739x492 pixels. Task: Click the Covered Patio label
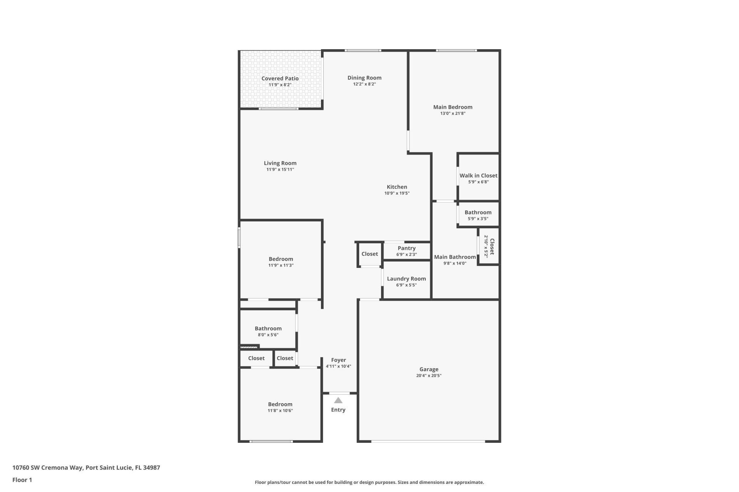[x=280, y=78]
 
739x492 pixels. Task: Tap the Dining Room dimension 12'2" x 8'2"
[x=364, y=84]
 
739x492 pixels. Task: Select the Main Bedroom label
[x=453, y=107]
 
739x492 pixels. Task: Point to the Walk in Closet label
[x=478, y=176]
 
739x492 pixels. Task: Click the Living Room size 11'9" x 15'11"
[x=280, y=170]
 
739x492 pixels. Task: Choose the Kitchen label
[x=397, y=187]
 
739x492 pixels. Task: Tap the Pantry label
[x=406, y=248]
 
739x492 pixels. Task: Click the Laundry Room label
[x=406, y=279]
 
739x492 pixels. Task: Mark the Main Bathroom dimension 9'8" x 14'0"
[x=455, y=263]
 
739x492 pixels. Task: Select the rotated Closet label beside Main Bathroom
[x=492, y=246]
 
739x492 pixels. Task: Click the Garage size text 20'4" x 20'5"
[x=428, y=376]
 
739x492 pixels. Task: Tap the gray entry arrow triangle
[x=338, y=401]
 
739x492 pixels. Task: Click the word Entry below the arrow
[x=338, y=410]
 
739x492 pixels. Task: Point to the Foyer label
[x=338, y=360]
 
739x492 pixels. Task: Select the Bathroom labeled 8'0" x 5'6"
[x=268, y=329]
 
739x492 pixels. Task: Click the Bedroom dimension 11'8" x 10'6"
[x=280, y=411]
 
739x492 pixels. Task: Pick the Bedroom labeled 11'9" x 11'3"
[x=281, y=259]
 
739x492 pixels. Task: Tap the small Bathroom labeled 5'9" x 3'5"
[x=478, y=213]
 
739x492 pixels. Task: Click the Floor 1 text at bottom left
[x=22, y=480]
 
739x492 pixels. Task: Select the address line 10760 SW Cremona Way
[x=86, y=468]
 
